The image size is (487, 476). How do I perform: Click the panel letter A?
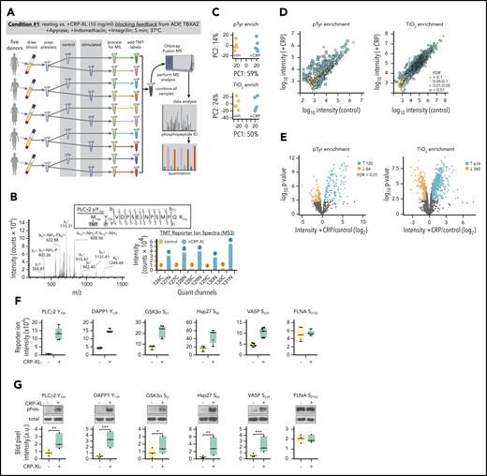click(7, 7)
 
